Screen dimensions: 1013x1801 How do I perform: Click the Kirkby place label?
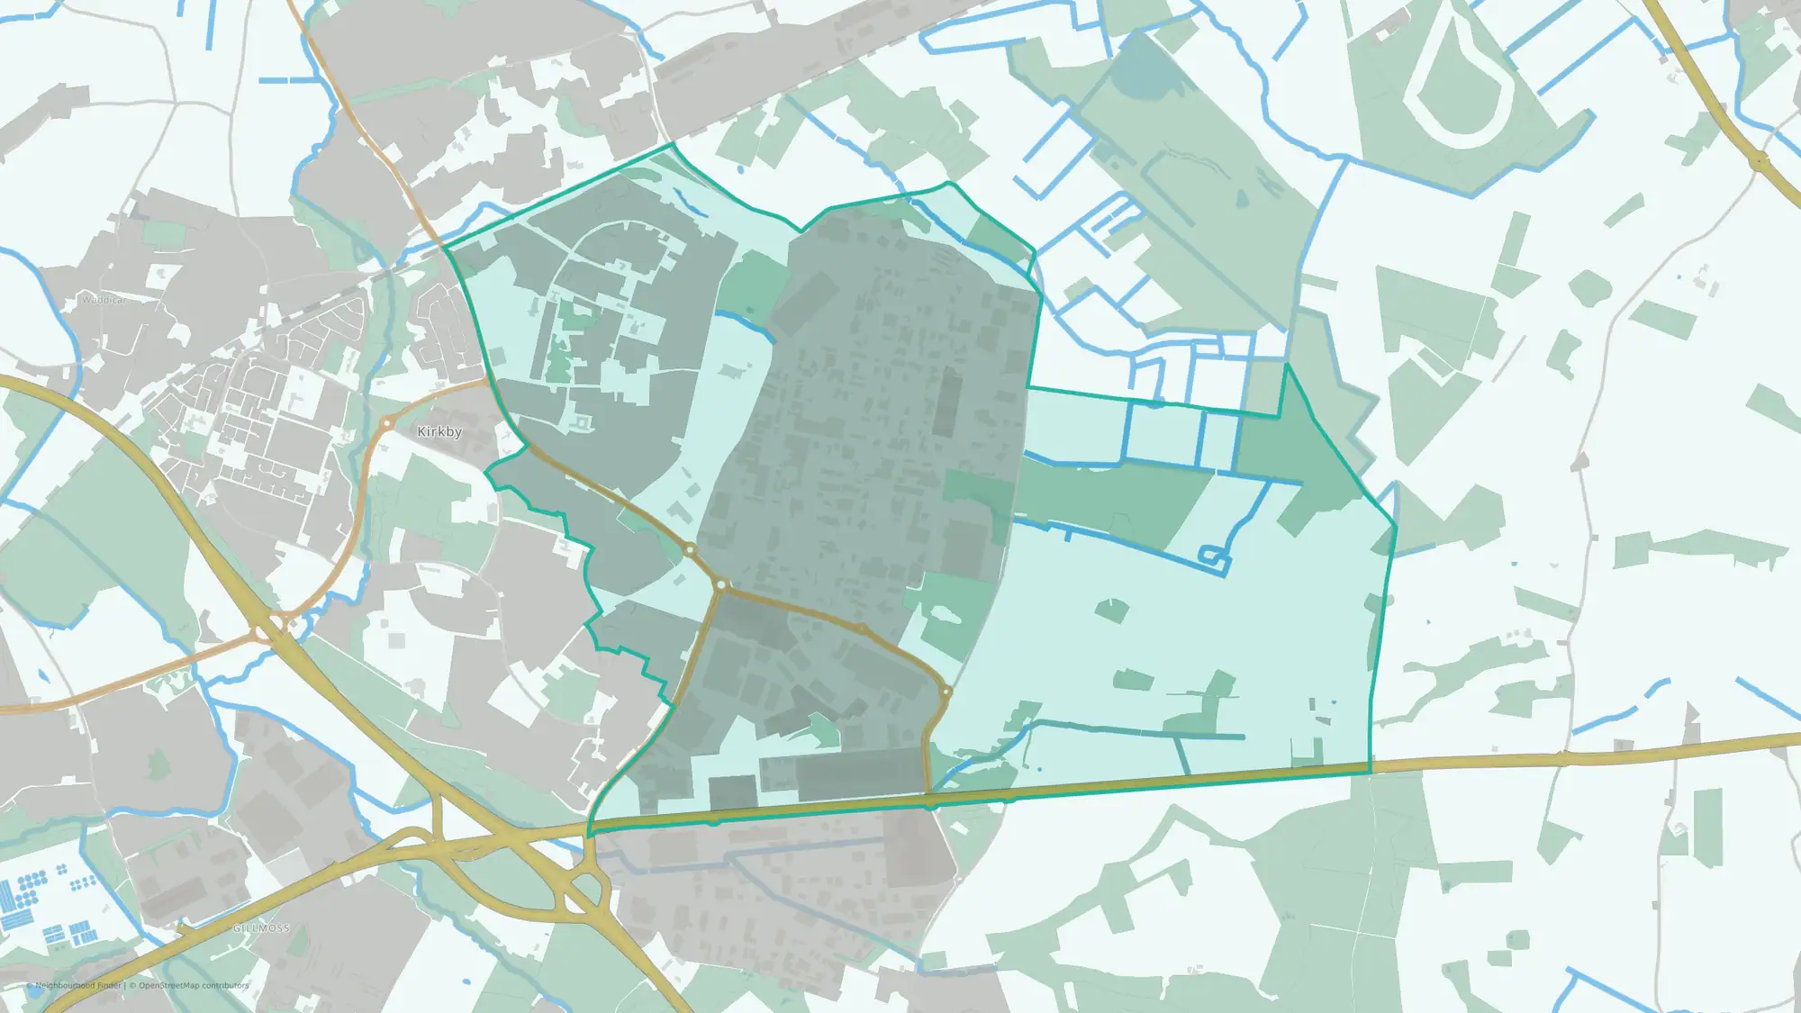point(439,432)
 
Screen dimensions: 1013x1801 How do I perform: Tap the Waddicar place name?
point(104,300)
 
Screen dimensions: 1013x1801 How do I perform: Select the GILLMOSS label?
point(261,927)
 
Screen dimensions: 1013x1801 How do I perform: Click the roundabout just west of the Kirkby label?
point(387,422)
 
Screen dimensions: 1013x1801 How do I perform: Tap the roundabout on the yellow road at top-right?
point(1759,161)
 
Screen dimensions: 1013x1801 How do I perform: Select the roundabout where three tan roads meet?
point(721,585)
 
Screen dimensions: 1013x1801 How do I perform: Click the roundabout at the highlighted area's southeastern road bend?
point(946,692)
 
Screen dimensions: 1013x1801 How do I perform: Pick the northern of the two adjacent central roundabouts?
point(690,549)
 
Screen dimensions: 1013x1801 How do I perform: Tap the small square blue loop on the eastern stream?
point(1215,557)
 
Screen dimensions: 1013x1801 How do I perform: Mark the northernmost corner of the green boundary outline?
point(672,143)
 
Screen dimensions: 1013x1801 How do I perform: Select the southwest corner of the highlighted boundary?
point(589,836)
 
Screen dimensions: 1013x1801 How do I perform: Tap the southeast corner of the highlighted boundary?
point(1370,772)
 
